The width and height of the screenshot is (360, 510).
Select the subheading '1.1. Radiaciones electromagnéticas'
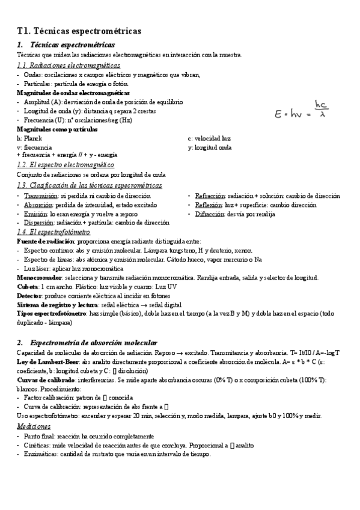tap(69, 65)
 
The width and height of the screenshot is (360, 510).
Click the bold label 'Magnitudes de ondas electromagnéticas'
tap(73, 93)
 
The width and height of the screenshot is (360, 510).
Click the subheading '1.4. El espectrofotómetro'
tap(53, 232)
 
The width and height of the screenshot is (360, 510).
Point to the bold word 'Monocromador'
tap(39, 278)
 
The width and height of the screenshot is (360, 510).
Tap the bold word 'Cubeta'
tap(28, 287)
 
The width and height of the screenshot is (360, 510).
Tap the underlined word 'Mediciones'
tap(34, 426)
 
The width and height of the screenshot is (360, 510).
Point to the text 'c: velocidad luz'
tap(209, 138)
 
